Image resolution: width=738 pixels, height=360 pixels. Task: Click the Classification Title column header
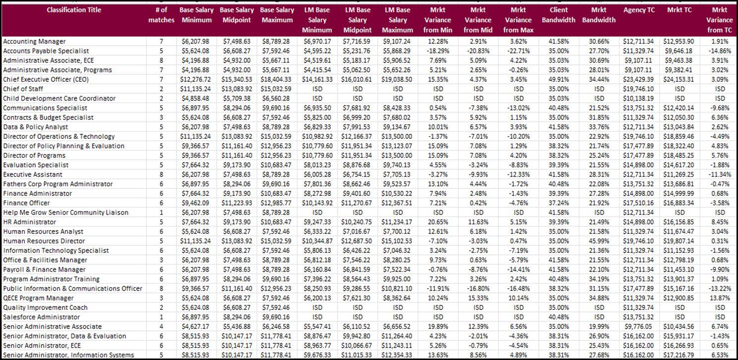[74, 10]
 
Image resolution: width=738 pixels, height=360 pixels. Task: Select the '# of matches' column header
[161, 15]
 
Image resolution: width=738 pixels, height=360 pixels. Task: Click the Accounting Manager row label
[34, 41]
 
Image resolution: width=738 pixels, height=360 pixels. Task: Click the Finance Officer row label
[26, 203]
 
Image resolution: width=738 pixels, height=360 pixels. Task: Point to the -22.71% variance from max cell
[518, 51]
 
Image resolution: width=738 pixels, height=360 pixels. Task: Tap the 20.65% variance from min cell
[438, 222]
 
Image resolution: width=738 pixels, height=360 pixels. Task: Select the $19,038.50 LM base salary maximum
[397, 79]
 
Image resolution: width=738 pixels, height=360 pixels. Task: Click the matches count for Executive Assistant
[161, 175]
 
